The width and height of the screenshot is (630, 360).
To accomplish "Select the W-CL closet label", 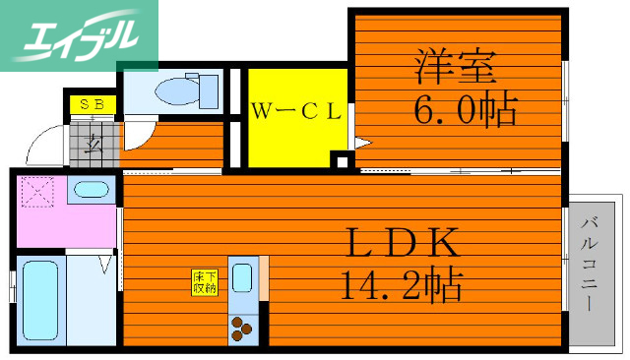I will coord(294,111).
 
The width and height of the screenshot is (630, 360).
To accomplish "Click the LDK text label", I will coord(403,241).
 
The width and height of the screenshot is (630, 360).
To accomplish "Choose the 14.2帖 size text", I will coord(403,285).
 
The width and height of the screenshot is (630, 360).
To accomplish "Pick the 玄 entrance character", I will coord(94,144).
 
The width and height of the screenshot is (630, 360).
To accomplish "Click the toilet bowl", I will coord(176,90).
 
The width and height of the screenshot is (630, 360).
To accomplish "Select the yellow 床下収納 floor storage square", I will coord(205,282).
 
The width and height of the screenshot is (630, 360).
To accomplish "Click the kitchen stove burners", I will coord(243,327).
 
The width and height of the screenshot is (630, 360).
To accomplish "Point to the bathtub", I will coord(40,300).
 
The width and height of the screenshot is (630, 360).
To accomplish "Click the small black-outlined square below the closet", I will coord(340,160).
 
